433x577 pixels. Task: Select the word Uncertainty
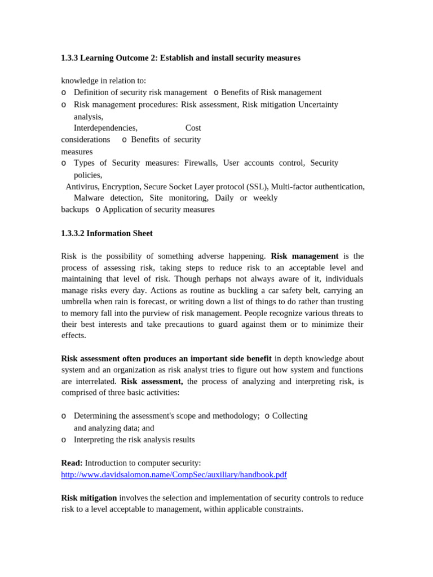click(x=318, y=104)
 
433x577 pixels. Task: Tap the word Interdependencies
click(x=105, y=128)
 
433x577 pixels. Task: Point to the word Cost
click(x=193, y=128)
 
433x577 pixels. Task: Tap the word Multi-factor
click(x=292, y=187)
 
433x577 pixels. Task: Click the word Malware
click(x=89, y=198)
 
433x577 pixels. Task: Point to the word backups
click(x=75, y=210)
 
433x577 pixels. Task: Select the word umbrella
click(x=78, y=301)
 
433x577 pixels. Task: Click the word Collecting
click(x=290, y=416)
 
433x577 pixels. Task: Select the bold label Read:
click(x=72, y=463)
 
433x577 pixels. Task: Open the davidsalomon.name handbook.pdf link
click(x=174, y=474)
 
